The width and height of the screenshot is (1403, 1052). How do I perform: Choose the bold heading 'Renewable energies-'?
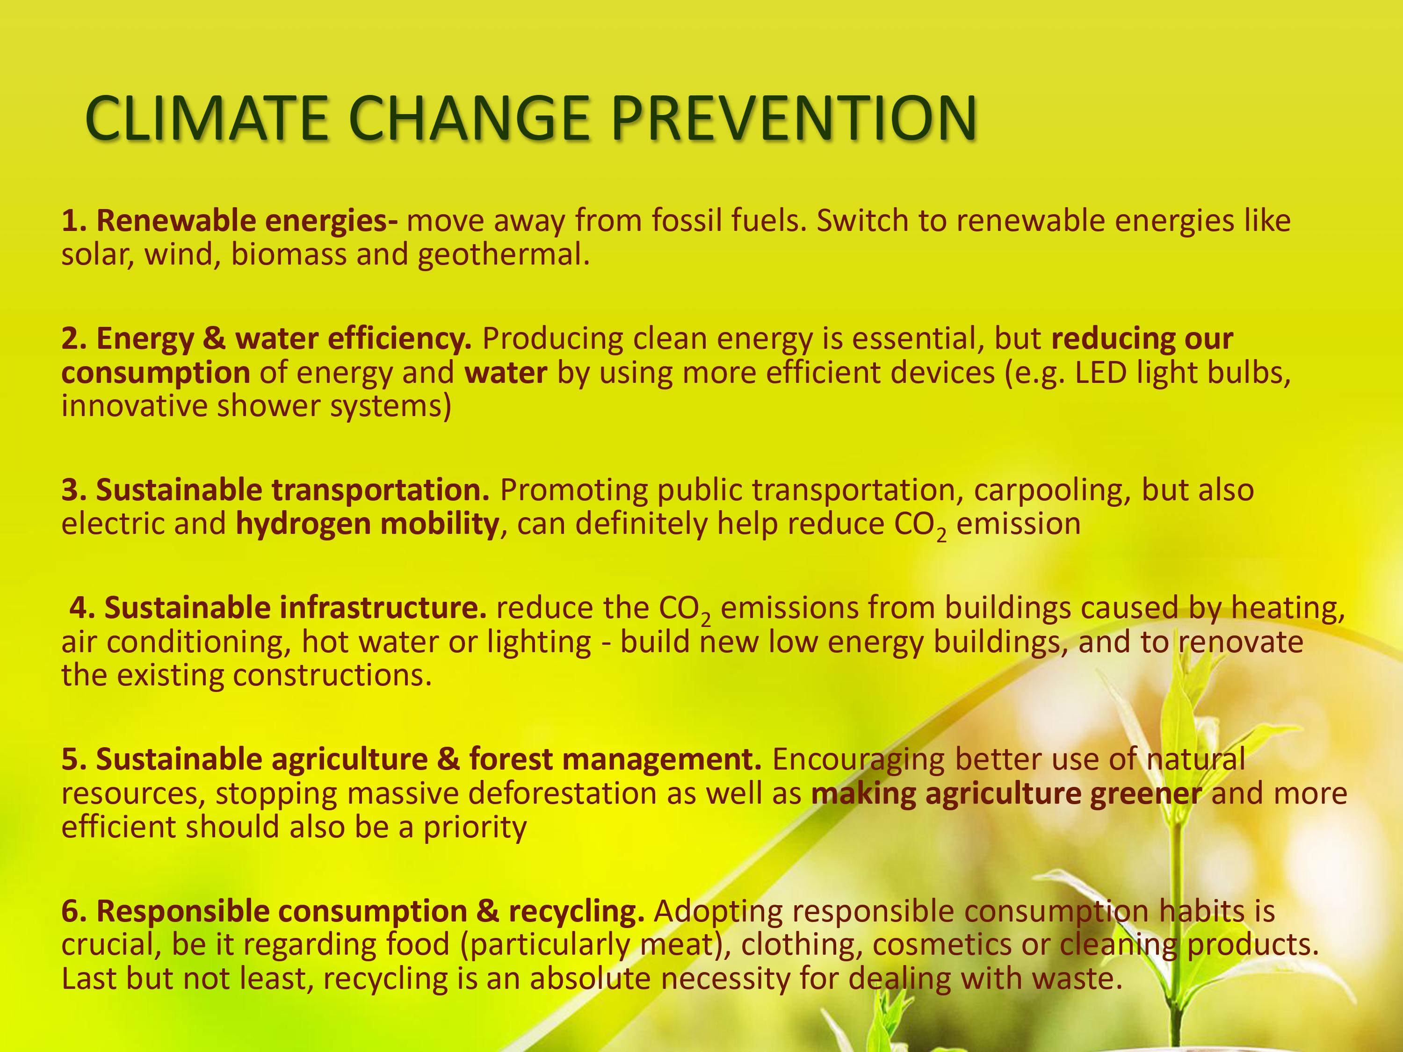pos(247,221)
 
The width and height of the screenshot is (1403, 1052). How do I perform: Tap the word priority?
pos(474,828)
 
